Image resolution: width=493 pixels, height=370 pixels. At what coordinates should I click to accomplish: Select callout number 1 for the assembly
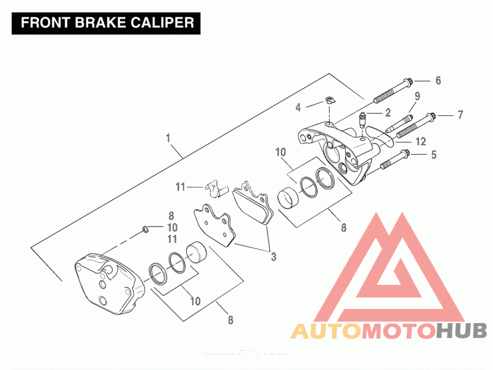(x=168, y=138)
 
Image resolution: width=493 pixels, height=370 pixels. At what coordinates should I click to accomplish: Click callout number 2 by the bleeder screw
(x=388, y=112)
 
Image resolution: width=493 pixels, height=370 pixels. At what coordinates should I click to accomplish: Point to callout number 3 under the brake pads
(x=274, y=256)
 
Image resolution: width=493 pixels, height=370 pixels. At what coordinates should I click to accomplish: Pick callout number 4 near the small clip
(x=298, y=107)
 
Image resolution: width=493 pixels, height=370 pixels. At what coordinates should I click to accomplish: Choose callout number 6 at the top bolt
(x=438, y=80)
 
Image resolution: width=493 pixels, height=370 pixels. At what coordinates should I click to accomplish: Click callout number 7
(x=459, y=114)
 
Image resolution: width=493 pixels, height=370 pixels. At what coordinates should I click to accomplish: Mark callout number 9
(x=417, y=96)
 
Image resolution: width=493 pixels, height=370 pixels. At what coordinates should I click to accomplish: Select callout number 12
(x=420, y=141)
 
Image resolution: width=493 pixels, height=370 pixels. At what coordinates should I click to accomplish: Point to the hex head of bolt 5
(x=404, y=154)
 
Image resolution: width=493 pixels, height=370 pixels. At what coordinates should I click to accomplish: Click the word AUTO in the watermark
(x=325, y=331)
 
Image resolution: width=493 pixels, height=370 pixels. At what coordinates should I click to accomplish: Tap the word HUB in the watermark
(x=462, y=331)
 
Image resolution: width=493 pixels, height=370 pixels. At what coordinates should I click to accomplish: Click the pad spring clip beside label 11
(x=213, y=187)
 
